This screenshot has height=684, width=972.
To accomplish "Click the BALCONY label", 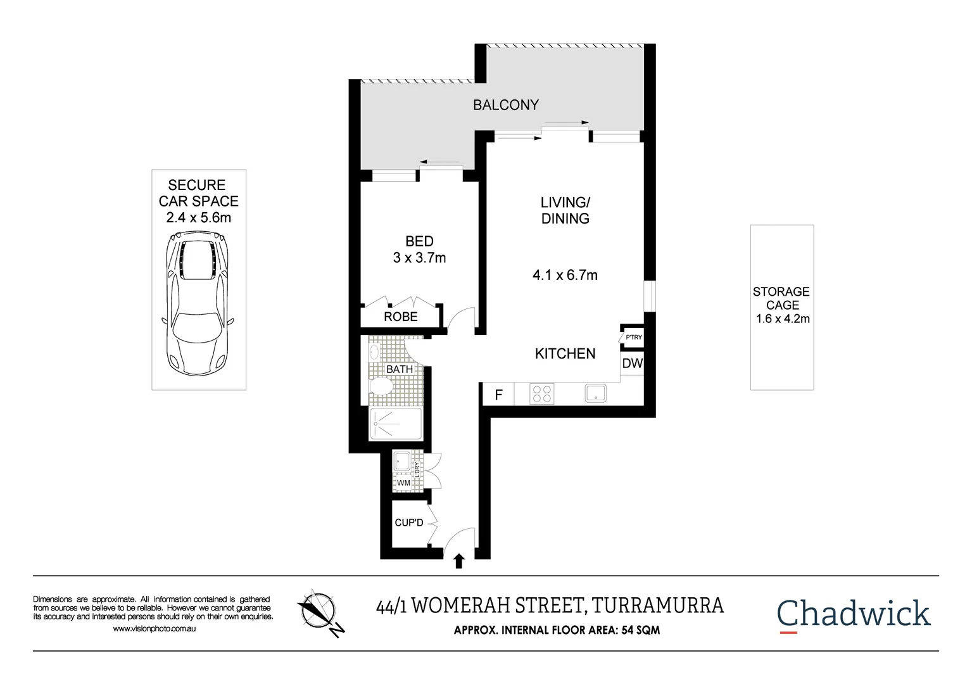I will coord(505,105).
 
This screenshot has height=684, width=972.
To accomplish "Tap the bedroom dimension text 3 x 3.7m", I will coord(419,258).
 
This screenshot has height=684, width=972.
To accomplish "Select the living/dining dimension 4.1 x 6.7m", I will coord(565,275).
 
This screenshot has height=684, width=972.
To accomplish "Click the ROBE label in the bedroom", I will coord(400,317).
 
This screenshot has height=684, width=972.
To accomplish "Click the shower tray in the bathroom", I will coord(396,424).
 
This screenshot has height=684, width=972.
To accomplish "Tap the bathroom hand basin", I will coord(374,352).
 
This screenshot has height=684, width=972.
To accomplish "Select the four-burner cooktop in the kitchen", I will coord(541,394).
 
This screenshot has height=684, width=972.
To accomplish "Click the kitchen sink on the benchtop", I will coord(595,393).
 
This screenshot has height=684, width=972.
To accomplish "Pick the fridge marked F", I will coord(498,395).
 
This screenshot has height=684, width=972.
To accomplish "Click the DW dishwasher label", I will coord(632,364).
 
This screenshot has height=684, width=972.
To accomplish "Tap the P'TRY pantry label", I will coord(633,338).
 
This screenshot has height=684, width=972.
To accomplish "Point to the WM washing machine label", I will coord(403,483).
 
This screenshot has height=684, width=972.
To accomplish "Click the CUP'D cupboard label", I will coord(408,522).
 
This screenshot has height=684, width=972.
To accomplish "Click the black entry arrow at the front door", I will coord(459,561).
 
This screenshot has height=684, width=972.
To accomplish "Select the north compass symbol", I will coord(319,611).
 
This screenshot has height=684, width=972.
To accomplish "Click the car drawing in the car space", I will coord(198,303).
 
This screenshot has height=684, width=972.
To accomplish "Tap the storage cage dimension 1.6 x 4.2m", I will coord(783,319).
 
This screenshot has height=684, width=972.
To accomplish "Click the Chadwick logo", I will coord(853,614).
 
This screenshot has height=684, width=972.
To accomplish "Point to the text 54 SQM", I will coord(640,630).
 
